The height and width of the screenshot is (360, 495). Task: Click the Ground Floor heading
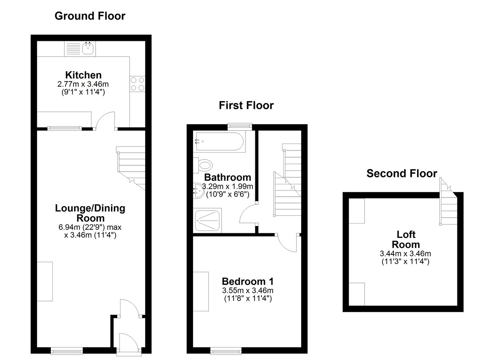tap(90, 16)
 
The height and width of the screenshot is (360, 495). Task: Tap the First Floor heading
tap(246, 105)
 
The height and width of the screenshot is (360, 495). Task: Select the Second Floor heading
tap(402, 173)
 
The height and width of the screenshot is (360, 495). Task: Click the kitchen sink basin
tap(88, 48)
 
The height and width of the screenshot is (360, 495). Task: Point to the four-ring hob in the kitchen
tap(137, 84)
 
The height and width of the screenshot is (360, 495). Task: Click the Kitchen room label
tap(83, 75)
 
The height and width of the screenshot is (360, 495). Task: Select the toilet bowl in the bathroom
tap(205, 165)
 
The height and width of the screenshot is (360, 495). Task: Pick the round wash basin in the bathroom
tap(198, 191)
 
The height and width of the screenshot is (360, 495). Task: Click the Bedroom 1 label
tap(247, 281)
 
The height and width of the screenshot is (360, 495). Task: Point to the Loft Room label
tap(406, 240)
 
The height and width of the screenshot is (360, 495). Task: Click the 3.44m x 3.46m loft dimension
tap(405, 253)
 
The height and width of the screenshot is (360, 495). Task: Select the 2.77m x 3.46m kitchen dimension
tap(83, 84)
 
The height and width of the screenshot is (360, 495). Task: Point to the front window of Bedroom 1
tap(226, 351)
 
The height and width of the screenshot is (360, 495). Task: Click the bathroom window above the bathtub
tap(240, 126)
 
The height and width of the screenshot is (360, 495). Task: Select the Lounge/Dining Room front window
tap(67, 351)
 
